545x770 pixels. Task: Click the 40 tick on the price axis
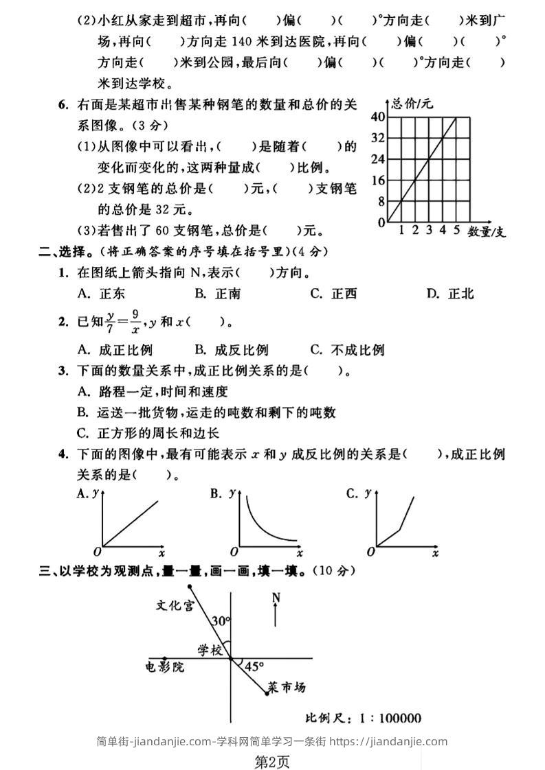coord(377,116)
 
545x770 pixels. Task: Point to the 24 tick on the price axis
coord(377,159)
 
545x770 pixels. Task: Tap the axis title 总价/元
coord(412,104)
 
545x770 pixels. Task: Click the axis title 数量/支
coord(487,231)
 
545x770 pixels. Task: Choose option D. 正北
coord(450,294)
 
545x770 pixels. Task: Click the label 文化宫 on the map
coord(175,605)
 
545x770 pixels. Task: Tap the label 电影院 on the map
coord(165,666)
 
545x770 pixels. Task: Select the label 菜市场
coord(287,686)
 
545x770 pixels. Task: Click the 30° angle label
coord(220,621)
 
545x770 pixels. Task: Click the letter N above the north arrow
coord(276,597)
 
